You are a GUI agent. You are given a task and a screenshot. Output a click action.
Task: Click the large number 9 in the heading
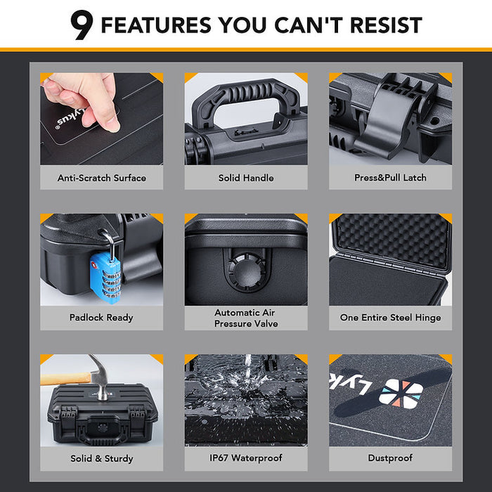pyautogui.click(x=82, y=25)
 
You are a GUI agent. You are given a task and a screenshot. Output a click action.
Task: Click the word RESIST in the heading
pyautogui.click(x=386, y=25)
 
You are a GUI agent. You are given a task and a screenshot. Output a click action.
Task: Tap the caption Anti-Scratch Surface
pyautogui.click(x=102, y=178)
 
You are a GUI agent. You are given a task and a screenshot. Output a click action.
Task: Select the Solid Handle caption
pyautogui.click(x=246, y=178)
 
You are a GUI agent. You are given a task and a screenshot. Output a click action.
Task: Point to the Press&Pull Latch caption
pyautogui.click(x=390, y=178)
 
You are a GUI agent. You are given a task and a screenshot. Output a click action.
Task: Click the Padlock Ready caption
pyautogui.click(x=101, y=318)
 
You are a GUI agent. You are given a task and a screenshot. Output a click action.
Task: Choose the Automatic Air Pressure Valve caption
pyautogui.click(x=246, y=318)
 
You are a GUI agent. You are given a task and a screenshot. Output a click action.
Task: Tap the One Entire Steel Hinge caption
pyautogui.click(x=390, y=318)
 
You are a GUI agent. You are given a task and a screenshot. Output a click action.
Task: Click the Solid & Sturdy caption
pyautogui.click(x=102, y=458)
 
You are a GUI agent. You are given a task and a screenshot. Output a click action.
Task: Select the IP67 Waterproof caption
pyautogui.click(x=246, y=458)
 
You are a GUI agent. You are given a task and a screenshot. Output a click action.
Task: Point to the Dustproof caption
pyautogui.click(x=390, y=458)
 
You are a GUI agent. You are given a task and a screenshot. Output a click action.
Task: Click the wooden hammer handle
pyautogui.click(x=67, y=379)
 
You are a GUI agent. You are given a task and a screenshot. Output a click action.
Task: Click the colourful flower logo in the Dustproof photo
pyautogui.click(x=401, y=394)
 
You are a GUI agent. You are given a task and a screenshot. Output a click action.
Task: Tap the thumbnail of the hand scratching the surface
pyautogui.click(x=102, y=119)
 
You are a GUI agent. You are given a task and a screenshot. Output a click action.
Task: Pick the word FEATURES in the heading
pyautogui.click(x=156, y=25)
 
